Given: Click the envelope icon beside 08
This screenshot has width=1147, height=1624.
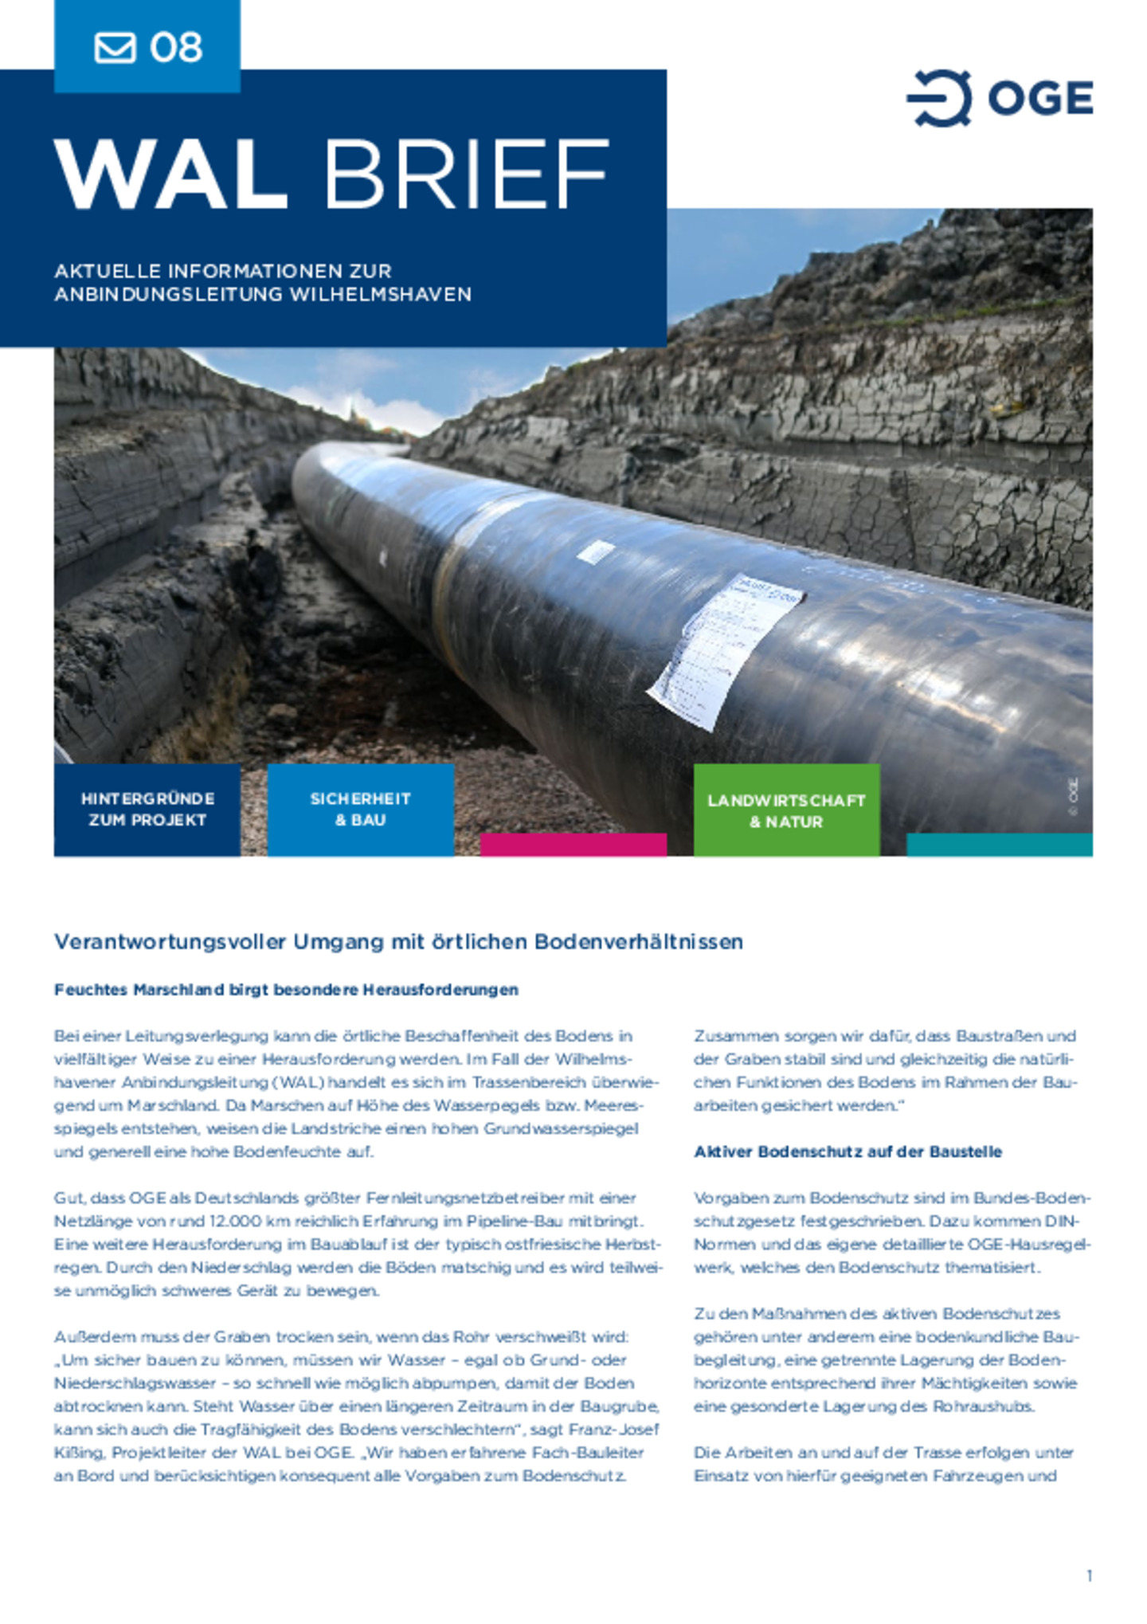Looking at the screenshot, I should click(115, 47).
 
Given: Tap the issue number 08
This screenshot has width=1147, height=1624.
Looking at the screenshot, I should click(176, 48).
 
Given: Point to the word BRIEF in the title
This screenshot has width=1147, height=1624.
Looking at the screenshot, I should click(466, 175).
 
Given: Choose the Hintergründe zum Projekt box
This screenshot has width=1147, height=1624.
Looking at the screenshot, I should click(147, 810).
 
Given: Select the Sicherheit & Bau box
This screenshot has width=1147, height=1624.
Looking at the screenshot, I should click(360, 810).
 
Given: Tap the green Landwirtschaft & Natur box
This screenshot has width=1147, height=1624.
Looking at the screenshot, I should click(786, 810).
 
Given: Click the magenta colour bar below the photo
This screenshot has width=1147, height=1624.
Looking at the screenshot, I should click(573, 845).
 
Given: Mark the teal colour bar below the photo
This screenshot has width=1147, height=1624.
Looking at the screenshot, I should click(999, 845).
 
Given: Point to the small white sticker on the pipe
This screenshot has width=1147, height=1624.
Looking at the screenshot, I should click(596, 551).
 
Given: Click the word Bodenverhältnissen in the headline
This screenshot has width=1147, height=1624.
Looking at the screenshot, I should click(638, 942).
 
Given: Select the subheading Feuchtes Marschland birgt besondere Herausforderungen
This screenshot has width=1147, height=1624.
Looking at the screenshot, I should click(286, 990).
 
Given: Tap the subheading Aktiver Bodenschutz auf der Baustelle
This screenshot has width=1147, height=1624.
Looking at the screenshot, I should click(848, 1151).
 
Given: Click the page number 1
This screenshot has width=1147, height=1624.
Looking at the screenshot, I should click(1089, 1575).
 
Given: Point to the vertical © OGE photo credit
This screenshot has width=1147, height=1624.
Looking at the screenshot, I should click(1074, 796).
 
